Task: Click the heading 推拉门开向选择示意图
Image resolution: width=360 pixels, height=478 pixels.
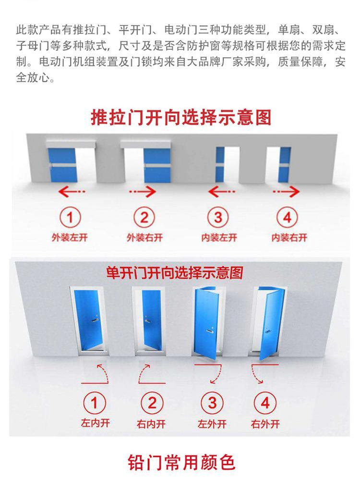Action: point(181,118)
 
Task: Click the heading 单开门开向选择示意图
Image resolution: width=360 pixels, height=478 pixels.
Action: point(175,272)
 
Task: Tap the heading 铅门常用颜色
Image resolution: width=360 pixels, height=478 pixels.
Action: point(181,462)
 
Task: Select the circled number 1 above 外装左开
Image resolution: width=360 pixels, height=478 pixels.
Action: point(70,218)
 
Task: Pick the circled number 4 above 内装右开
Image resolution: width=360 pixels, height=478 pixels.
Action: point(287,218)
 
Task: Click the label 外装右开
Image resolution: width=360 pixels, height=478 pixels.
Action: point(144,237)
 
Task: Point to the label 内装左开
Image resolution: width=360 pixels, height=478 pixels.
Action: point(219,237)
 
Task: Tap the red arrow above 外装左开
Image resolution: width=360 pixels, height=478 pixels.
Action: point(72,192)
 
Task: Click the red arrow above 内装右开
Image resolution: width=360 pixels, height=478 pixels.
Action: point(286,192)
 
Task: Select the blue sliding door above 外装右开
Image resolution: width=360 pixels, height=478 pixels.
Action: point(157,165)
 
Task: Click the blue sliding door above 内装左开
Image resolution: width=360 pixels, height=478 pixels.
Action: point(220,165)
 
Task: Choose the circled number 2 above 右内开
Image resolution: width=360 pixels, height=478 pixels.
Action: point(152,404)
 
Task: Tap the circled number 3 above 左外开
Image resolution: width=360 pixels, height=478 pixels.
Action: point(212,404)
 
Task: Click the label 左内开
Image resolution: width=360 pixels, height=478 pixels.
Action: point(95,423)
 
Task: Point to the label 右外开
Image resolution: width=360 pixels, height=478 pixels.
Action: point(265,424)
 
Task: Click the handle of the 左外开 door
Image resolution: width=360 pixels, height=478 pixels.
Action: point(209,331)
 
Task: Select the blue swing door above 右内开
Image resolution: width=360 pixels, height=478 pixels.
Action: point(151,320)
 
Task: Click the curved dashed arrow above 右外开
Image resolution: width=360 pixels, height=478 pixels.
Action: point(256,374)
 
